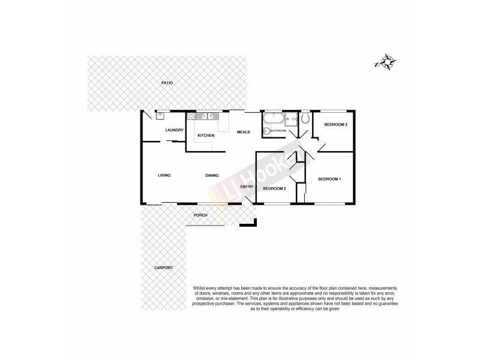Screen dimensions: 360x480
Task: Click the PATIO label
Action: (x=166, y=82)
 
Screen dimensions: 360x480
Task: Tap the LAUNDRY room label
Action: (x=174, y=130)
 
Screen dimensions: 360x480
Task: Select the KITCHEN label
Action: (x=206, y=136)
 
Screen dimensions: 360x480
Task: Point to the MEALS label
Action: (x=243, y=131)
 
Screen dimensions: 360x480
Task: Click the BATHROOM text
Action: (x=277, y=130)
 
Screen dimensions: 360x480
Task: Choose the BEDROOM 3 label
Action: (x=335, y=124)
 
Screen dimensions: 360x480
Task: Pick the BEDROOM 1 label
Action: (x=329, y=179)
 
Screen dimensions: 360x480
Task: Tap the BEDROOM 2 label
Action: (x=274, y=188)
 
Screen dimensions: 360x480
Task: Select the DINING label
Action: (x=212, y=175)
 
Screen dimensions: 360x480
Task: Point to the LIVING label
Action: (x=164, y=175)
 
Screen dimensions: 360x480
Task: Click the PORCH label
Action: (x=200, y=215)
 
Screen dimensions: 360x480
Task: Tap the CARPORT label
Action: (x=163, y=268)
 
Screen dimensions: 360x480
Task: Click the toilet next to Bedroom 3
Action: (x=305, y=118)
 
